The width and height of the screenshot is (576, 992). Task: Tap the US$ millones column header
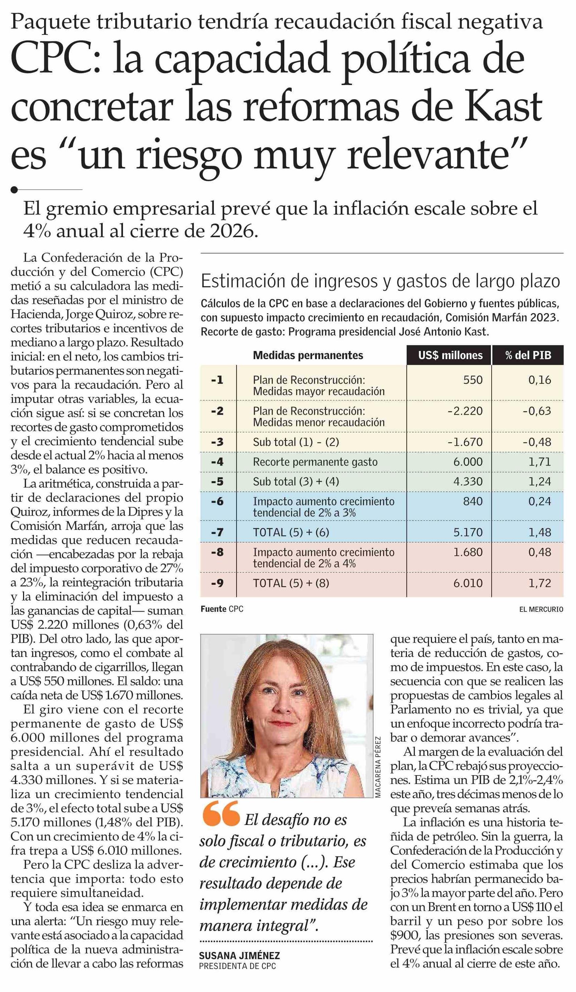(450, 355)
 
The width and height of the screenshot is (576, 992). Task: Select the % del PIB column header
(528, 355)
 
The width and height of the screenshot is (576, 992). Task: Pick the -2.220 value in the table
(465, 411)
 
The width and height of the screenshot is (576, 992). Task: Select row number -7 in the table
(217, 532)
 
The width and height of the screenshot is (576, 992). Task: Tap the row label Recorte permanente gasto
(315, 462)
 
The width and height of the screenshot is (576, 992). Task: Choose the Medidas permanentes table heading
(308, 355)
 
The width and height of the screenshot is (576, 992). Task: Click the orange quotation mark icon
(221, 813)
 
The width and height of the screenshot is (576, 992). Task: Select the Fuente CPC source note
(222, 609)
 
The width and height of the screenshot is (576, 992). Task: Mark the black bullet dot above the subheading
(15, 190)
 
